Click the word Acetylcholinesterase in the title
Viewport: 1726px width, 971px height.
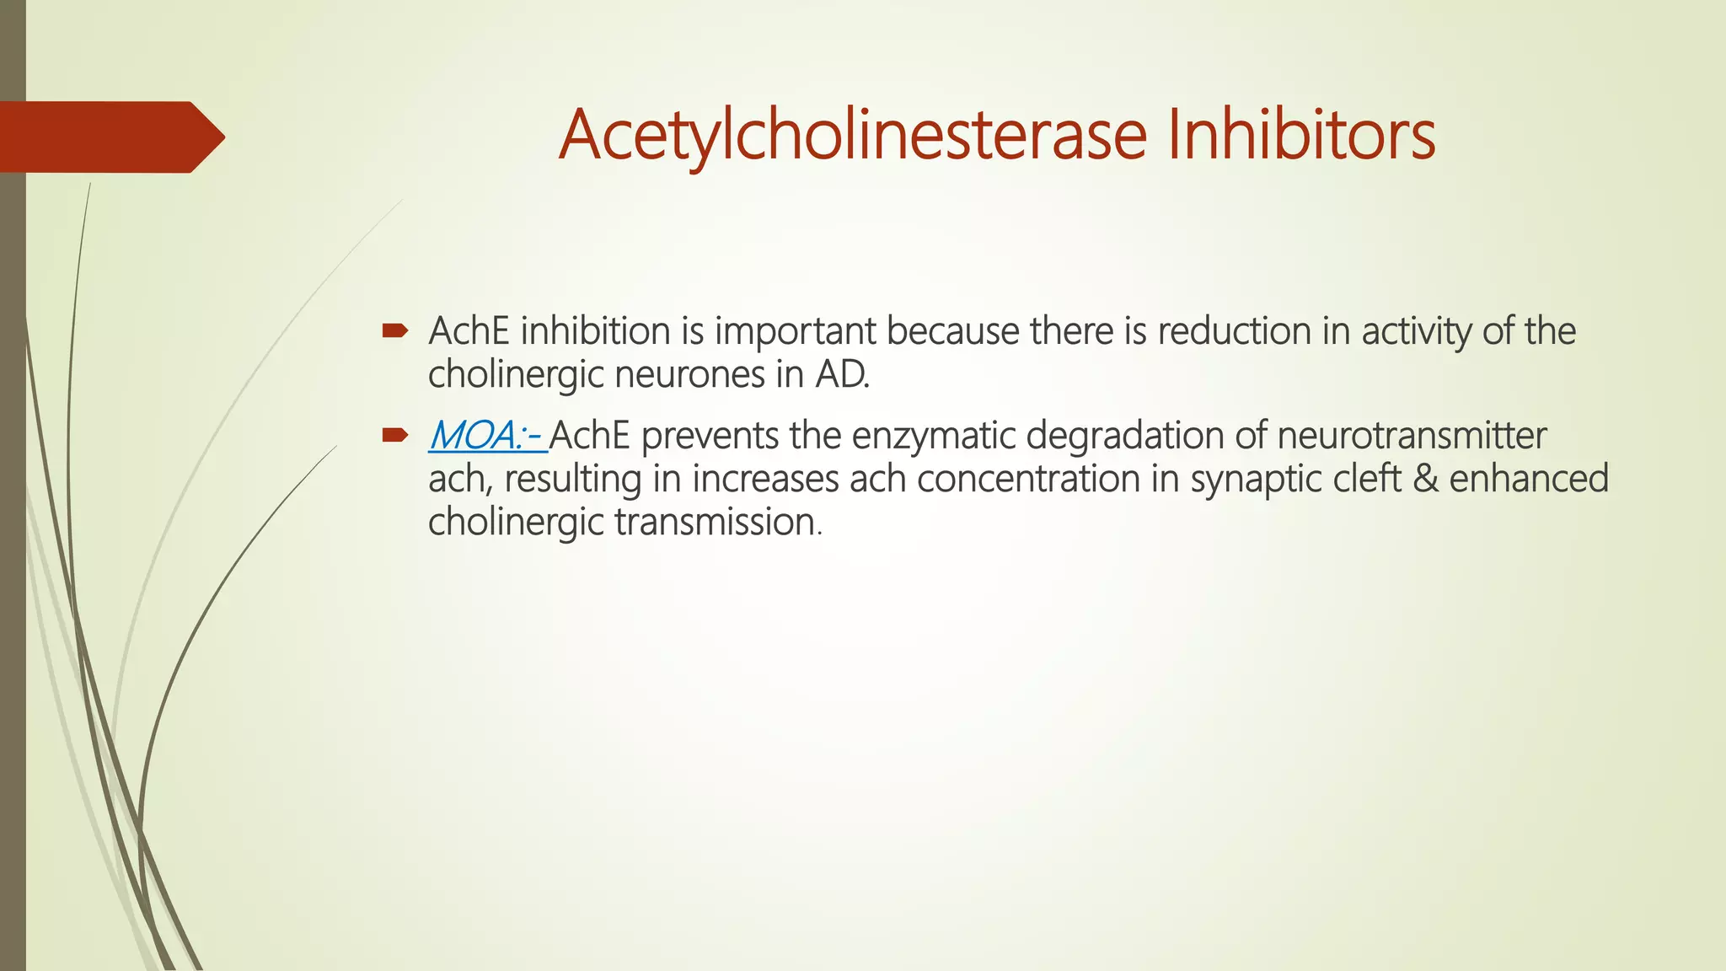click(x=852, y=136)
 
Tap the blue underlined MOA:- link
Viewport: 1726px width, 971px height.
click(x=487, y=436)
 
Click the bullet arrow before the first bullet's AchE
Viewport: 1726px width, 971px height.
click(x=394, y=331)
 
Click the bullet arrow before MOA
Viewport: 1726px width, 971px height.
click(x=394, y=436)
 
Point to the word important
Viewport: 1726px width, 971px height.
click(x=796, y=331)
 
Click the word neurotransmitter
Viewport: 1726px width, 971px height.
click(x=1411, y=436)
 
